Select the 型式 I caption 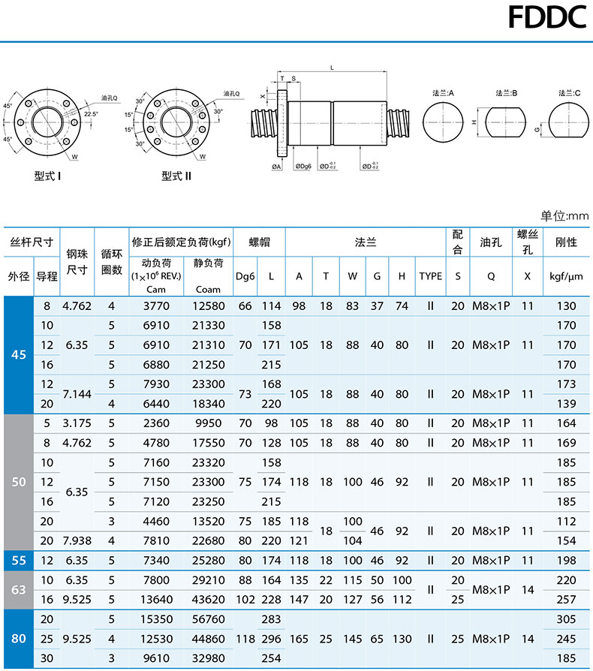tap(48, 177)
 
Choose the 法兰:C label tap(569, 94)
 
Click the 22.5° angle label tap(92, 114)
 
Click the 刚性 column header tap(565, 242)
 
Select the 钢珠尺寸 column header tap(77, 261)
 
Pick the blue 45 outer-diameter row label tap(19, 354)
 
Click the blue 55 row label tap(19, 560)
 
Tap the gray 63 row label tap(19, 589)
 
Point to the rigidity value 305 tap(567, 619)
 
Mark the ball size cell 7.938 tap(77, 540)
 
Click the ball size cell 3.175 tap(77, 423)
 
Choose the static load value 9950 tap(208, 423)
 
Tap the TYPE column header tap(430, 275)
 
